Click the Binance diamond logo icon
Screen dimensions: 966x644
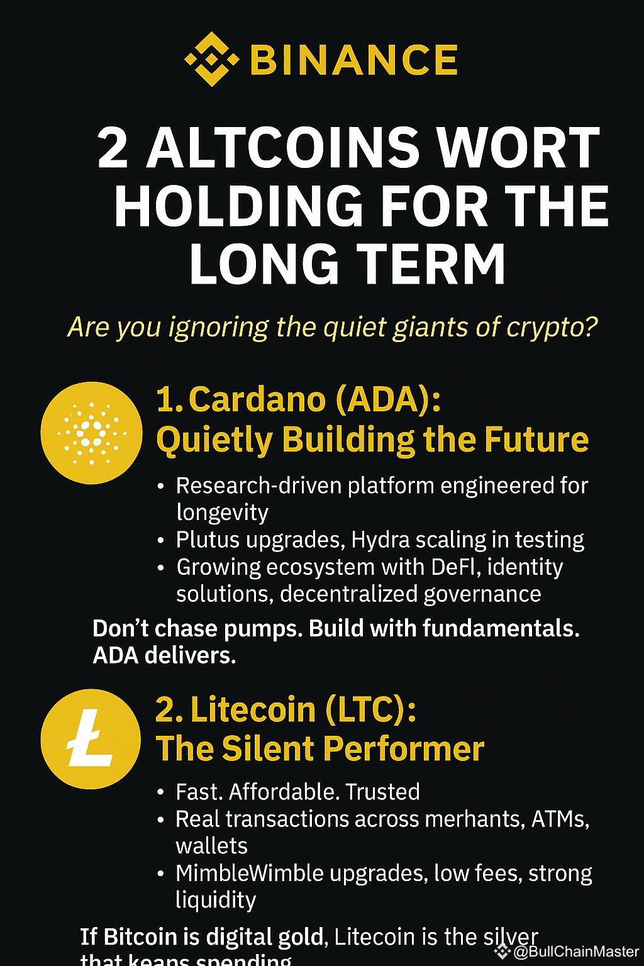pyautogui.click(x=211, y=60)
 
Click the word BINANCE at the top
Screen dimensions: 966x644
pyautogui.click(x=354, y=60)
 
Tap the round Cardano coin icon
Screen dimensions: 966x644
pyautogui.click(x=92, y=433)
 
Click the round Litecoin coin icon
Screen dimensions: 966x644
pyautogui.click(x=91, y=739)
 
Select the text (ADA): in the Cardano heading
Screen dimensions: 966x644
pyautogui.click(x=388, y=399)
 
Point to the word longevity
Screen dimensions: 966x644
pyautogui.click(x=222, y=513)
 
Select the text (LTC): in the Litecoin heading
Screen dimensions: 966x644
pyautogui.click(x=370, y=709)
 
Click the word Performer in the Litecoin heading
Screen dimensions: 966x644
pyautogui.click(x=403, y=749)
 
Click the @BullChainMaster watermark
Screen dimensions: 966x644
pyautogui.click(x=575, y=952)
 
